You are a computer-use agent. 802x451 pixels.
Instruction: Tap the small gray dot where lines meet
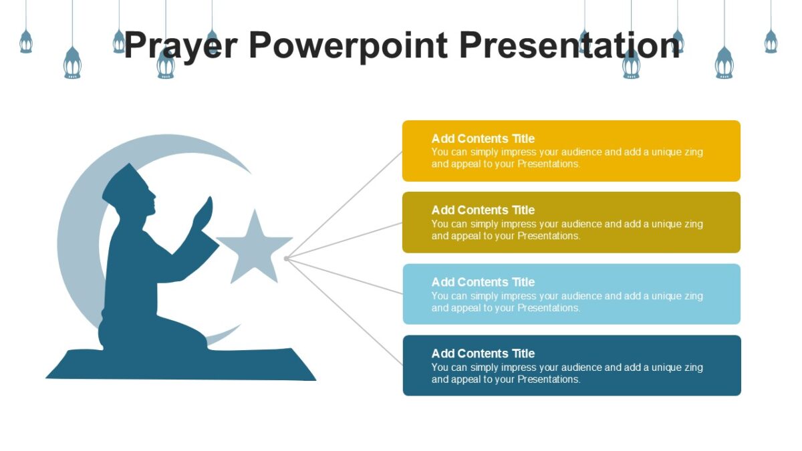pyautogui.click(x=286, y=258)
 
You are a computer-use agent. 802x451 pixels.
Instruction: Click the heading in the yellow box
pyautogui.click(x=483, y=139)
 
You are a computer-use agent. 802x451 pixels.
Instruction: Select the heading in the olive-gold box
pyautogui.click(x=483, y=210)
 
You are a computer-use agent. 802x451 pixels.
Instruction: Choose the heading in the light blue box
pyautogui.click(x=483, y=282)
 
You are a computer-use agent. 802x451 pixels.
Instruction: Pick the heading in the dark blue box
pyautogui.click(x=483, y=353)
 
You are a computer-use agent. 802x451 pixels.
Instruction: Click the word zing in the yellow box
pyautogui.click(x=693, y=152)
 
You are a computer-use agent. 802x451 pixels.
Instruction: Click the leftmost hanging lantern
pyautogui.click(x=26, y=41)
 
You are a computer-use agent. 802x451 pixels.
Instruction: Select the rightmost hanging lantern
pyautogui.click(x=771, y=41)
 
